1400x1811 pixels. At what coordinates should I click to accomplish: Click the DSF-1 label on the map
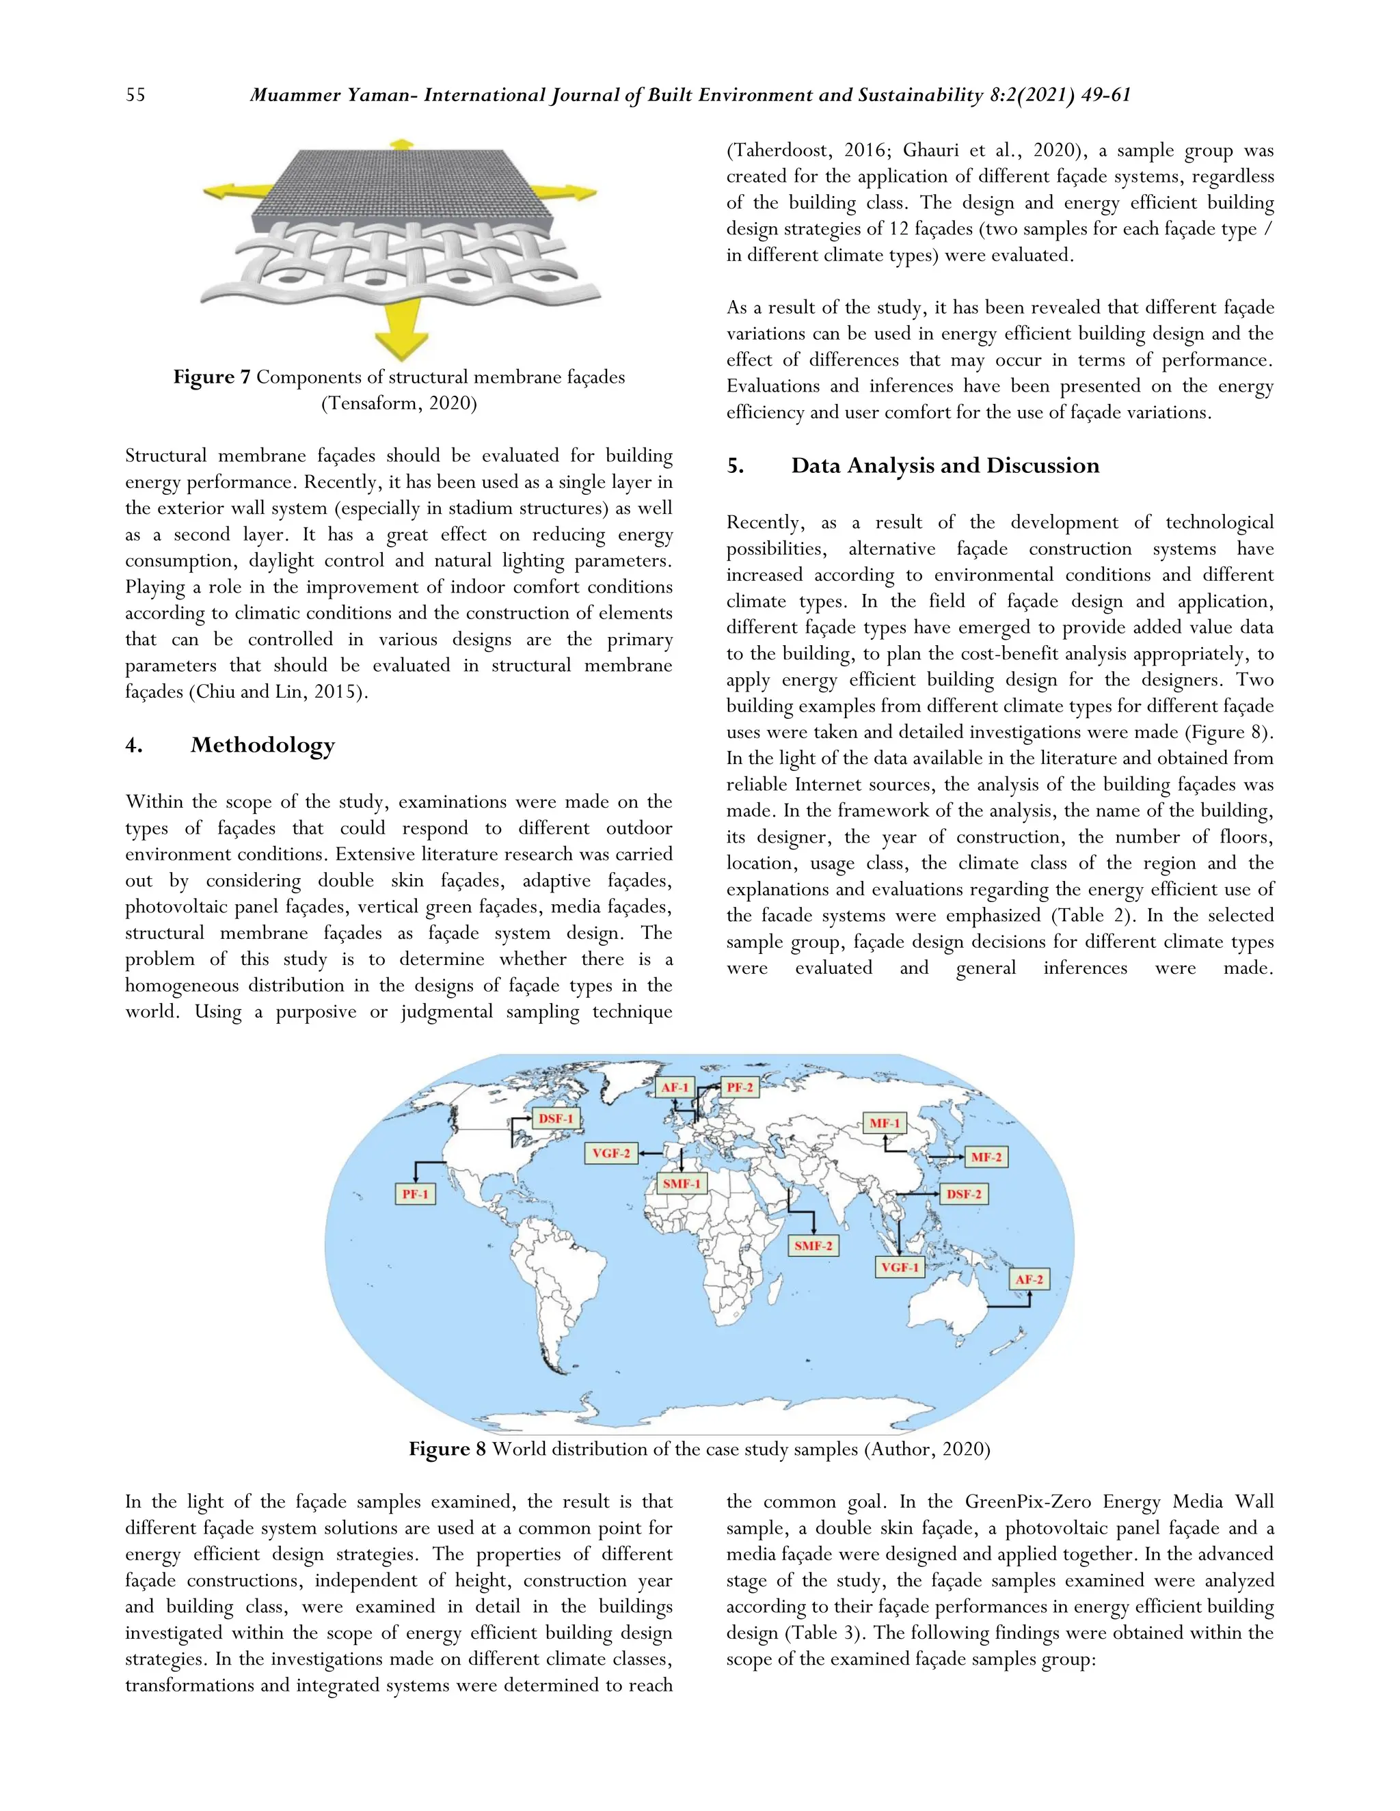point(556,1119)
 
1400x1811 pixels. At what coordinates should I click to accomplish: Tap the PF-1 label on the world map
point(415,1194)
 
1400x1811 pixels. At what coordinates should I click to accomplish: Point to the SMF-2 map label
point(813,1245)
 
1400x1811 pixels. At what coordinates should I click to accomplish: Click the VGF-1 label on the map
point(900,1267)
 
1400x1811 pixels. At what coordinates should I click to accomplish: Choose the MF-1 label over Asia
point(884,1124)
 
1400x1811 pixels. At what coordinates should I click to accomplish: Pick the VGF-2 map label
point(611,1154)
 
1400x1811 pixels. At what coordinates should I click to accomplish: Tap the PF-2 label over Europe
point(739,1087)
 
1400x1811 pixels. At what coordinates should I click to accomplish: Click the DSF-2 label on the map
point(964,1194)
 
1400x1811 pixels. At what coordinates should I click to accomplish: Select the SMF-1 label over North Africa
point(681,1183)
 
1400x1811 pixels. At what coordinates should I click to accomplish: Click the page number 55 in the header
point(135,96)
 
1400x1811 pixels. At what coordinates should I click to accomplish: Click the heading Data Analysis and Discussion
point(945,465)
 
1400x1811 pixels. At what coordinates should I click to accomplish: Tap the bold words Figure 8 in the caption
point(447,1449)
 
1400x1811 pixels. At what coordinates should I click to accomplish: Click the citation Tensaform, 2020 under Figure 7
point(398,404)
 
